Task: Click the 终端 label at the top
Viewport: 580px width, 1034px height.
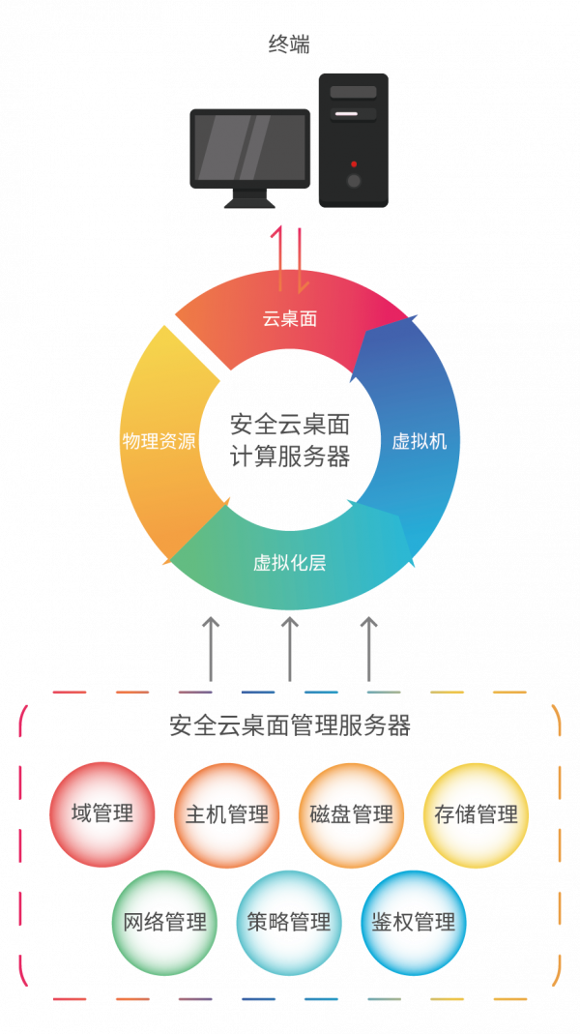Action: pos(289,44)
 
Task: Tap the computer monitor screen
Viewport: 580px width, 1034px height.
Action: pos(250,148)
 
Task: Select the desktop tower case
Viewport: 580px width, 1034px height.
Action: pos(353,139)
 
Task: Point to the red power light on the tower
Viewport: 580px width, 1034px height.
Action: pos(354,164)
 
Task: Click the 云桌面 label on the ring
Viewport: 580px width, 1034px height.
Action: pos(290,318)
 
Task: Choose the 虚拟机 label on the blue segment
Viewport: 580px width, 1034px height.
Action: pos(420,441)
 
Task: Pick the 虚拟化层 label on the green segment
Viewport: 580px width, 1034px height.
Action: pos(290,562)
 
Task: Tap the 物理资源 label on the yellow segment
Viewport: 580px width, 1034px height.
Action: pos(159,441)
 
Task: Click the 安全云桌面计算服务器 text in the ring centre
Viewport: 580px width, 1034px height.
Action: pos(290,440)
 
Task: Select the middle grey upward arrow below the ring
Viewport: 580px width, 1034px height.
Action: pos(290,648)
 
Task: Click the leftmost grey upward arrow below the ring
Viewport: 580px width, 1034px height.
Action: pos(211,648)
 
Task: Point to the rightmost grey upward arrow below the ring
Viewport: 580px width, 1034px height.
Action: pos(369,648)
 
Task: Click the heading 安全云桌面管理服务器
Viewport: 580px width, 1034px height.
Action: pos(290,725)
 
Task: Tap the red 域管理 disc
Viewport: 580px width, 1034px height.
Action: pos(102,813)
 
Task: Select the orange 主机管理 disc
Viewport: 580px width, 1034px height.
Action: pos(227,814)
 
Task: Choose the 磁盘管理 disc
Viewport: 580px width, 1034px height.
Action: pos(352,814)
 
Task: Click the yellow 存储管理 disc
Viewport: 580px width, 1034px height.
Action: pos(476,814)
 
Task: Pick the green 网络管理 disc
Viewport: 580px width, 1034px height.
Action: pos(165,922)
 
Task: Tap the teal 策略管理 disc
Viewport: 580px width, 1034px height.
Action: pos(289,922)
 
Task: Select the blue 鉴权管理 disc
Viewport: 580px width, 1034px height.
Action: pos(414,922)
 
